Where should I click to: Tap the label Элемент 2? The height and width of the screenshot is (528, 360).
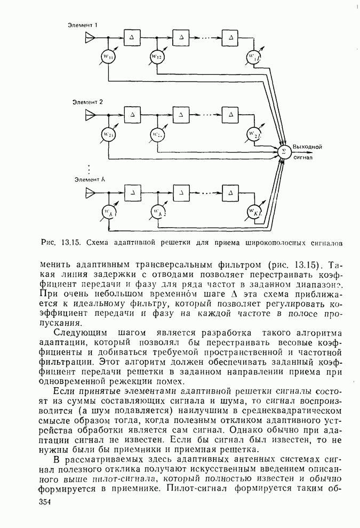pyautogui.click(x=89, y=101)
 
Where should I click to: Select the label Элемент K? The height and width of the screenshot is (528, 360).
pyautogui.click(x=89, y=180)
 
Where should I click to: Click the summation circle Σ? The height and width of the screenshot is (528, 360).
pyautogui.click(x=284, y=151)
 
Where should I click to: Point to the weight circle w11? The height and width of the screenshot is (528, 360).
pyautogui.click(x=109, y=57)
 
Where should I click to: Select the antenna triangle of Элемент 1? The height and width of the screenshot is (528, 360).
pyautogui.click(x=90, y=37)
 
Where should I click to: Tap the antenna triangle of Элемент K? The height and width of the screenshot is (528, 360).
pyautogui.click(x=90, y=192)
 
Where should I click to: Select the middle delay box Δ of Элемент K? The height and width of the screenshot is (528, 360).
pyautogui.click(x=181, y=192)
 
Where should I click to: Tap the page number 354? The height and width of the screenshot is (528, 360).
pyautogui.click(x=46, y=503)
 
